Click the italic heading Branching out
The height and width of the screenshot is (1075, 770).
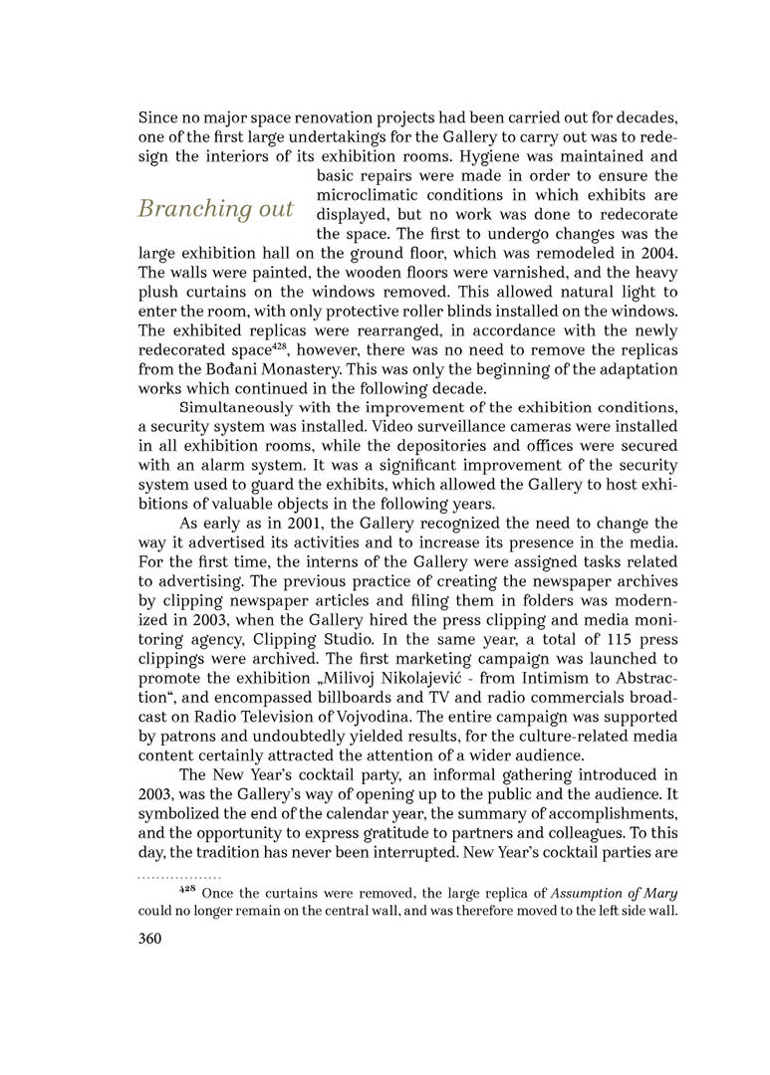point(215,209)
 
